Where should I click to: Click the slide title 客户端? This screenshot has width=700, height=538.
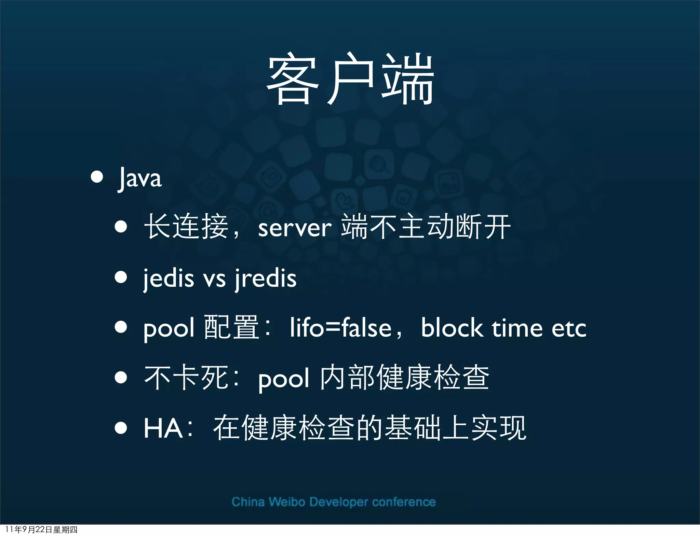[x=350, y=79]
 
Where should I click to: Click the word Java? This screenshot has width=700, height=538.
[x=140, y=178]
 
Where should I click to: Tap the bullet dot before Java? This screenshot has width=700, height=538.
[x=97, y=177]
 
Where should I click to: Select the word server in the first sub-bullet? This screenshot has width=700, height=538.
[x=295, y=228]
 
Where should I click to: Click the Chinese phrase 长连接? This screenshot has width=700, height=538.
[x=186, y=226]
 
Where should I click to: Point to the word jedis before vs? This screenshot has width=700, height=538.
[x=169, y=279]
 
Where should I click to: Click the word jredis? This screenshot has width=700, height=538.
[x=266, y=279]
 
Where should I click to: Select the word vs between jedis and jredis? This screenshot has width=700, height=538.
[x=215, y=279]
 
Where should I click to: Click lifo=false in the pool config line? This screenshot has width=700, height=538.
[x=340, y=328]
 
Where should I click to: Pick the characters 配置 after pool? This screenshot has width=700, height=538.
[x=231, y=327]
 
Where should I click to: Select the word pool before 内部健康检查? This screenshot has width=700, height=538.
[x=284, y=379]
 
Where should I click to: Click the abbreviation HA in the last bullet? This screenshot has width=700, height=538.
[x=163, y=428]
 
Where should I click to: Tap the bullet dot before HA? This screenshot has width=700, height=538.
[x=121, y=428]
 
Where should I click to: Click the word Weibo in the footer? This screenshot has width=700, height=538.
[x=286, y=502]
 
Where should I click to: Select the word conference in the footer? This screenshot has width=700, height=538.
[x=404, y=502]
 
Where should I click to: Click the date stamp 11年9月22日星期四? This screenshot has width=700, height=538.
[x=41, y=529]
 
